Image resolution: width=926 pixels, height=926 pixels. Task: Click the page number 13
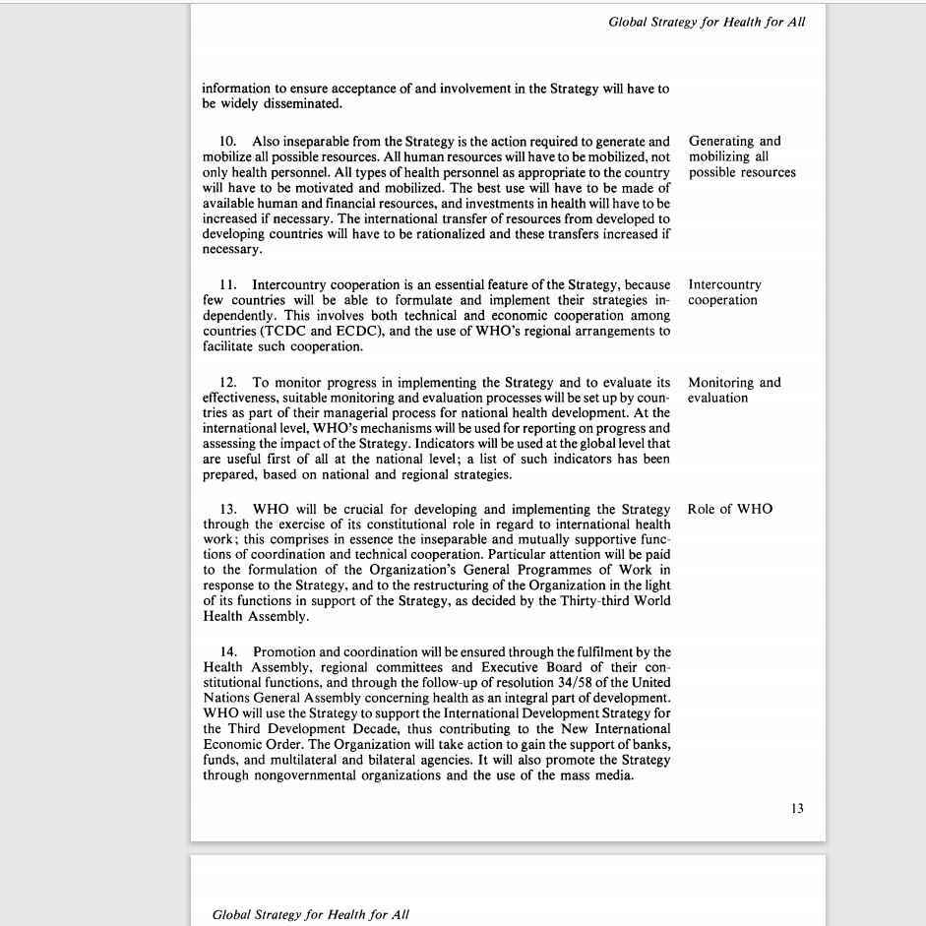coord(796,808)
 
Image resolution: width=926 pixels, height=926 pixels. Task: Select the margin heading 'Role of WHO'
coord(730,509)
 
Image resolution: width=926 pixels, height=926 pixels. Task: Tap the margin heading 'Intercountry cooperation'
coord(724,292)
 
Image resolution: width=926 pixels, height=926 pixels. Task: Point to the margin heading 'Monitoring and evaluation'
coord(734,390)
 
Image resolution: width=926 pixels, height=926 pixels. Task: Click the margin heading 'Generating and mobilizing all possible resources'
coord(741,156)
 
